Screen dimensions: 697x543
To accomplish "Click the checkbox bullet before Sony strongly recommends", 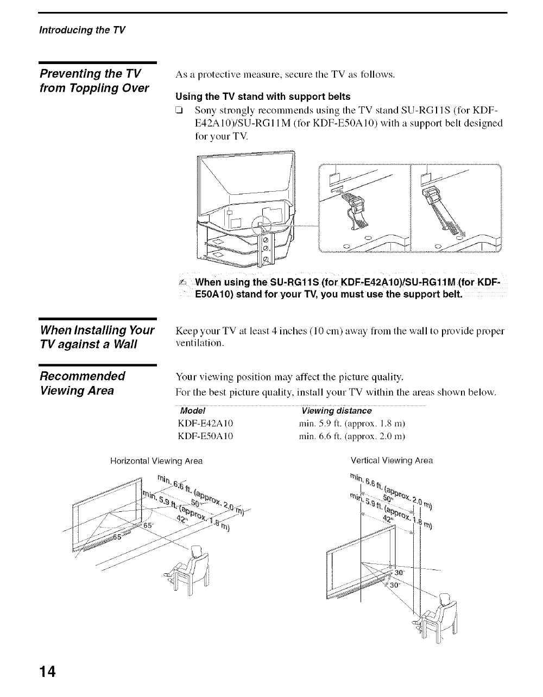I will point(179,111).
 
